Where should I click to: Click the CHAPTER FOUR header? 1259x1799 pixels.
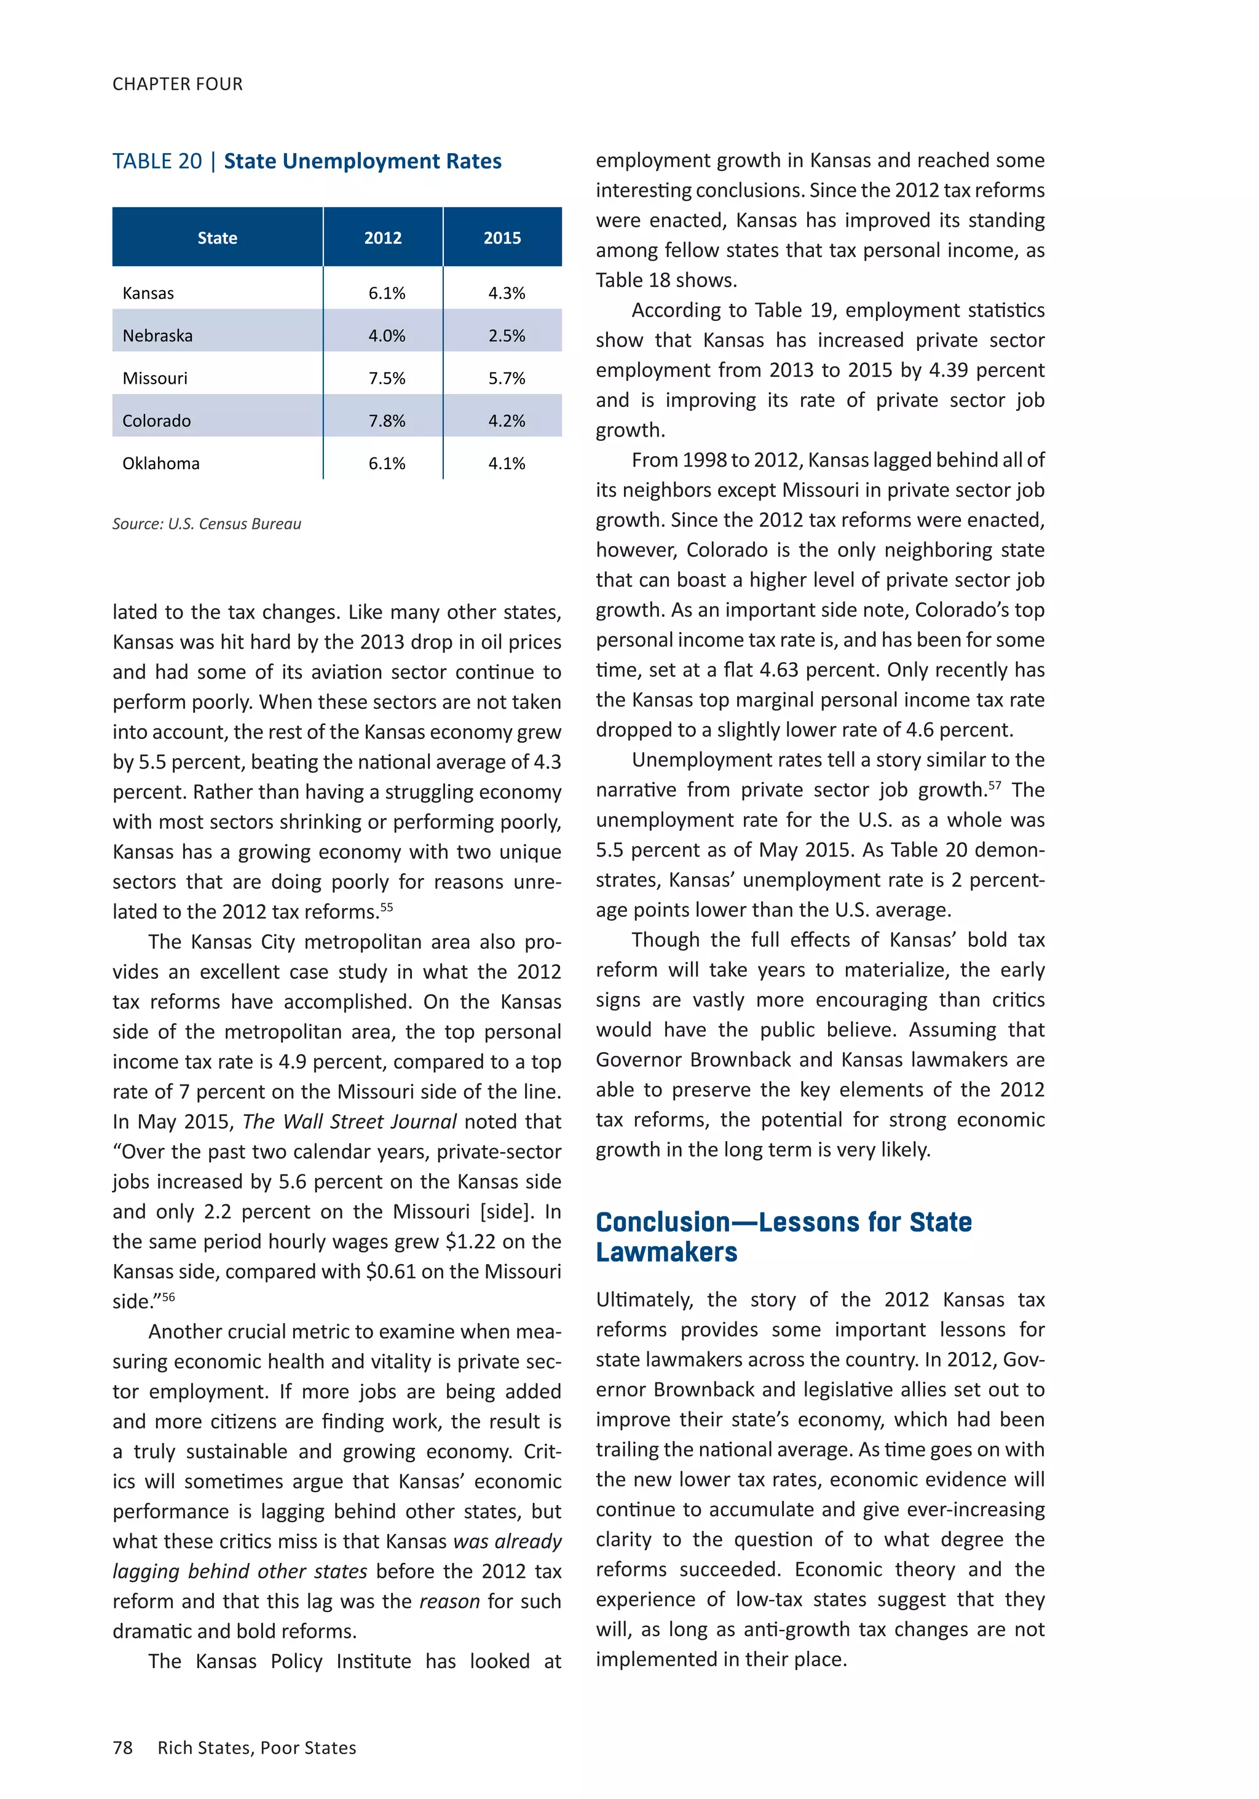(x=177, y=84)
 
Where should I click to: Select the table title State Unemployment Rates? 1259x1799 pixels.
(x=362, y=162)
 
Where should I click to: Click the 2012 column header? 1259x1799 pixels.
(x=382, y=238)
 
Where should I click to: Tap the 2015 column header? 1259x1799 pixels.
(x=502, y=238)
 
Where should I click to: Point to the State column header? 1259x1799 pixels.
(x=217, y=238)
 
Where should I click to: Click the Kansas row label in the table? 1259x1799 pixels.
(x=148, y=294)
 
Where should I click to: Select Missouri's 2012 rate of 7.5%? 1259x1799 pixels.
(x=387, y=379)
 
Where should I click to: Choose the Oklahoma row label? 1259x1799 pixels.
(x=160, y=464)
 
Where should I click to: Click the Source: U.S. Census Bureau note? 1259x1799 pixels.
(x=206, y=524)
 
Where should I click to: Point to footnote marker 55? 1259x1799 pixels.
(x=386, y=907)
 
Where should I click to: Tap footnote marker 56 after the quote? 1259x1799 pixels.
(x=168, y=1297)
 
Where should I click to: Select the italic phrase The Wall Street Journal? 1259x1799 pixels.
(x=349, y=1122)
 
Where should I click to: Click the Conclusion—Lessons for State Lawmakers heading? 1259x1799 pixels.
(x=783, y=1237)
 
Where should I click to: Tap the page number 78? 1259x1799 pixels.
(x=122, y=1748)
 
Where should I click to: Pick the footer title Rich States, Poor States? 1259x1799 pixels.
(x=256, y=1748)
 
